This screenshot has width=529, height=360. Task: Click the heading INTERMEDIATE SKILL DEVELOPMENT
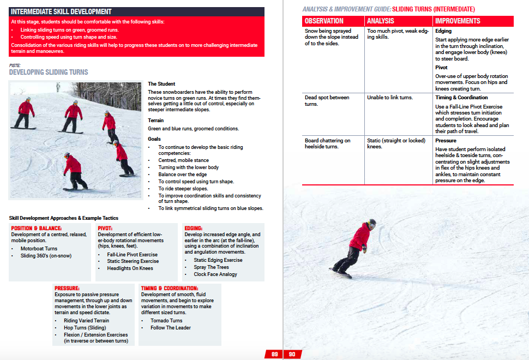click(x=61, y=11)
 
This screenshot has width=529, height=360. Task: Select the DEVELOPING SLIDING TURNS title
click(x=49, y=72)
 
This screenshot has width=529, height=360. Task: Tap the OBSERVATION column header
click(x=324, y=21)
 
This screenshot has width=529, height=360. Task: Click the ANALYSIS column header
click(x=380, y=21)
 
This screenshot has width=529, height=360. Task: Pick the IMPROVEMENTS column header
click(x=458, y=21)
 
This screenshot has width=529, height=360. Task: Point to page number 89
click(x=274, y=354)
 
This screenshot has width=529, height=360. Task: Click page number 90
click(x=292, y=354)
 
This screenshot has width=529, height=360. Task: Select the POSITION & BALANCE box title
click(x=37, y=228)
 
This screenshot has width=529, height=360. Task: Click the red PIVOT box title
click(x=105, y=228)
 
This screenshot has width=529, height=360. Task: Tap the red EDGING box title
click(x=194, y=228)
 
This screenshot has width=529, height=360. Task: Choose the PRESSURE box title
click(x=67, y=288)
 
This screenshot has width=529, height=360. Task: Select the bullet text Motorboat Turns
click(x=39, y=248)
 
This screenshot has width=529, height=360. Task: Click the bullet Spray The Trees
click(x=212, y=267)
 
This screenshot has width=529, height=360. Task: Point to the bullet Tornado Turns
click(x=166, y=321)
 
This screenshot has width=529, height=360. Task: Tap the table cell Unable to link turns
click(x=390, y=98)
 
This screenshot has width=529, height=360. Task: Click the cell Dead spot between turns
click(x=327, y=100)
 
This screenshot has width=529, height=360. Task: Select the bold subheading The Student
click(x=161, y=84)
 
